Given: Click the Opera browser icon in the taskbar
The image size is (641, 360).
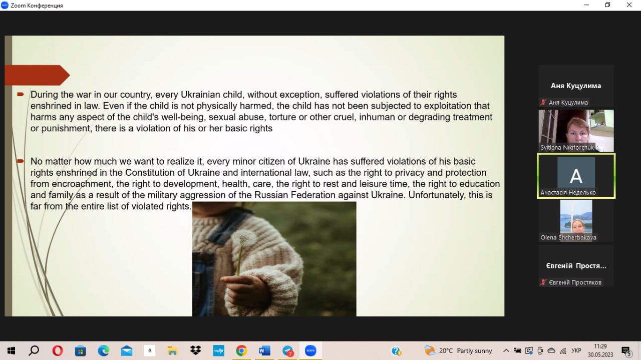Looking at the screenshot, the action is tap(58, 350).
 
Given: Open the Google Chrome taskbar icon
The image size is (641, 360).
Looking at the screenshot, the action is tap(241, 350).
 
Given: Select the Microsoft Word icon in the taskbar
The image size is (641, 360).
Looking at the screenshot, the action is tap(264, 350).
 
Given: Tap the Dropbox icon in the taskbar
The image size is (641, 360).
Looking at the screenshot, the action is tap(195, 350).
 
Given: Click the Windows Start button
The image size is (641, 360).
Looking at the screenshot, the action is tap(11, 350).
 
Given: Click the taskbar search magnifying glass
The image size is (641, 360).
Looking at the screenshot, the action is tap(34, 350).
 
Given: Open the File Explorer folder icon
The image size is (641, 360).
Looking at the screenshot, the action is tap(172, 350).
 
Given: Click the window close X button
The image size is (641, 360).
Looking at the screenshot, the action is tap(629, 5).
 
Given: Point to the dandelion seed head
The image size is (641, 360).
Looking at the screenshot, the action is tap(244, 237).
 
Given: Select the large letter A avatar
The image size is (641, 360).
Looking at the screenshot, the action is tap(576, 175).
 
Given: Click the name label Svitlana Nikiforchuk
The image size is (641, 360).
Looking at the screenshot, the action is tap(567, 147).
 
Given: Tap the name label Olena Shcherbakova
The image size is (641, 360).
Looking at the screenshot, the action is tap(568, 237).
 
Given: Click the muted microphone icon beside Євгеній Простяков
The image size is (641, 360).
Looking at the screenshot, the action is tap(543, 282).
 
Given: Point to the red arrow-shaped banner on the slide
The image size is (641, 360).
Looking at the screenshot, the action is tap(37, 75).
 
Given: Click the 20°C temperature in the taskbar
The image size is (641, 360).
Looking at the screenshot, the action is tap(446, 350).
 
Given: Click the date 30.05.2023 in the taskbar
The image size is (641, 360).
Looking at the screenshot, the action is tap(600, 354).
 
